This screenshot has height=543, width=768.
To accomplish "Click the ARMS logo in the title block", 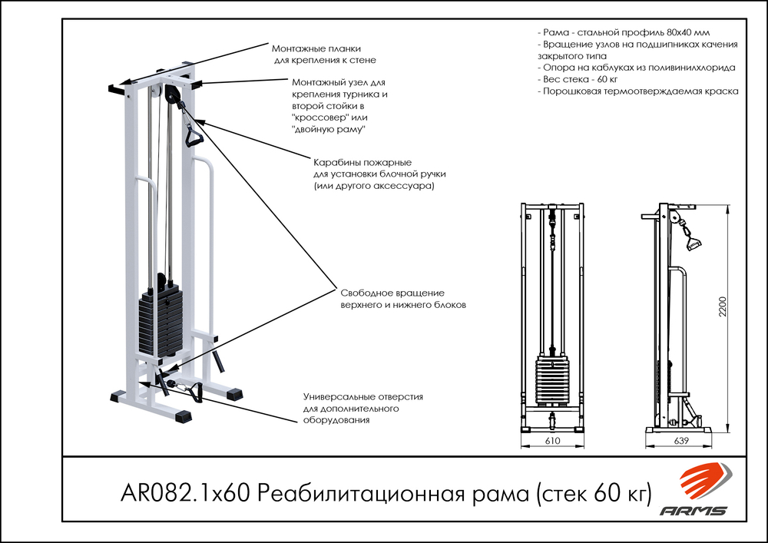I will [706, 491].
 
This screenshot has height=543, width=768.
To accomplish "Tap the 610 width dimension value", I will [551, 442].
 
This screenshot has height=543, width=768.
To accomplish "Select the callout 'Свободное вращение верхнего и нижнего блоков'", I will [403, 299].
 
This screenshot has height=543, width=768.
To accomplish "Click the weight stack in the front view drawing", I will [551, 380].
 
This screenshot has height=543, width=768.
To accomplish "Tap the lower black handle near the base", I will [191, 392].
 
